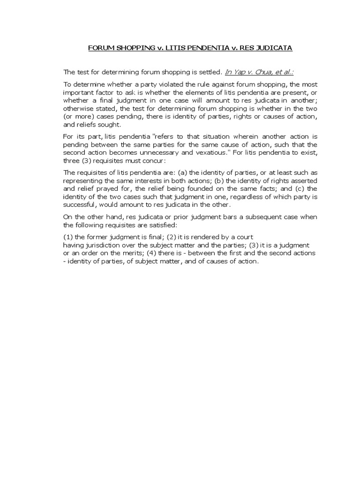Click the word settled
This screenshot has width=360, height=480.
coord(208,72)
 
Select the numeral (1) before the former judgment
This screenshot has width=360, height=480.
coord(68,237)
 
